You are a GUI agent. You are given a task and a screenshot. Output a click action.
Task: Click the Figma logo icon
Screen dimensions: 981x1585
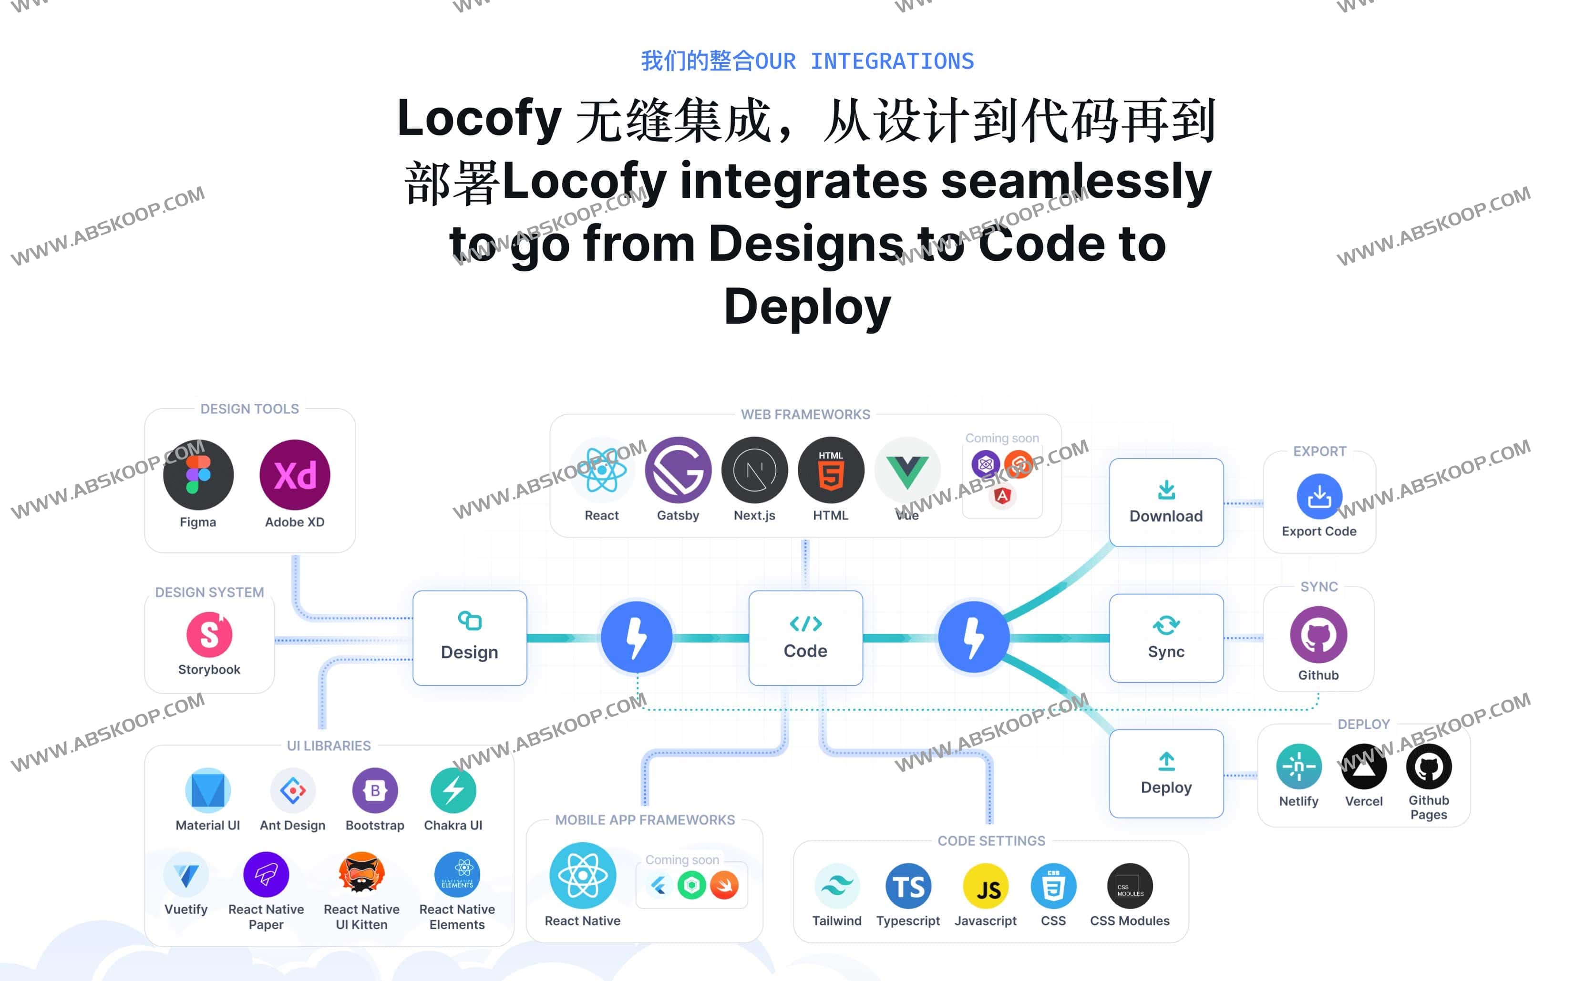[x=198, y=475]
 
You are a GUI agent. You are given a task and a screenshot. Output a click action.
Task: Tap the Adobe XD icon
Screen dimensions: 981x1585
[x=295, y=475]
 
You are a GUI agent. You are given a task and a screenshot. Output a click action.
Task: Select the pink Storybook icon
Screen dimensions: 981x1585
[x=209, y=634]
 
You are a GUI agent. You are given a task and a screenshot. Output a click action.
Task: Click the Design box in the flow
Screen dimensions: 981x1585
[x=469, y=638]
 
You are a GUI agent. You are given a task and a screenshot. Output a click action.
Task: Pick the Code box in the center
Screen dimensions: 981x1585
[x=805, y=638]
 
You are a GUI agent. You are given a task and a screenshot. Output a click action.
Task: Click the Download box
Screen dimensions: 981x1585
[x=1166, y=502]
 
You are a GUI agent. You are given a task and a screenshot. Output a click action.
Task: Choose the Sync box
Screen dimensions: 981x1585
[x=1166, y=638]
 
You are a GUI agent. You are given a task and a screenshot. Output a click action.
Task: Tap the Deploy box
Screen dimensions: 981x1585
[x=1166, y=773]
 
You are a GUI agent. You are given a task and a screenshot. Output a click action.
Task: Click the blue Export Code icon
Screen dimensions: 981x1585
[x=1318, y=496]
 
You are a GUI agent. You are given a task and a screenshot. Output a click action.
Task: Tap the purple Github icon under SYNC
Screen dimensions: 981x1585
[x=1318, y=634]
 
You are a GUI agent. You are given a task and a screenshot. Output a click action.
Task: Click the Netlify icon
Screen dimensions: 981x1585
[x=1298, y=766]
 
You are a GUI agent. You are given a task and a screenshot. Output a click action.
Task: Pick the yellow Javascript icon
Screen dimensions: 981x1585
[x=985, y=886]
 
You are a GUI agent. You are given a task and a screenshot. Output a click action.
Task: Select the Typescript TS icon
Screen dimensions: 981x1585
[x=908, y=886]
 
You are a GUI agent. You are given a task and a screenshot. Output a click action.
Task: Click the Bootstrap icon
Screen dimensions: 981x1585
[x=374, y=790]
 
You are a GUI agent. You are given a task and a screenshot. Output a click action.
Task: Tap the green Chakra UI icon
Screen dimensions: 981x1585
[x=453, y=790]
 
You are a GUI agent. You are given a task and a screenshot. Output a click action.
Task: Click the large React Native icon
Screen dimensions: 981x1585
[x=582, y=875]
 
